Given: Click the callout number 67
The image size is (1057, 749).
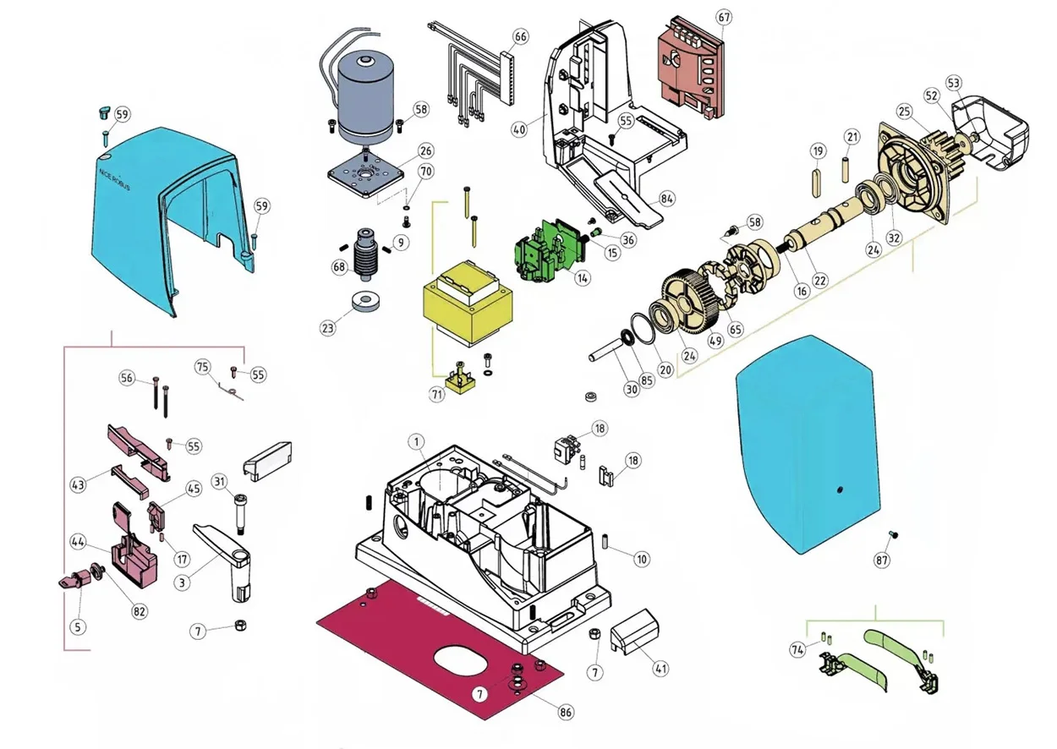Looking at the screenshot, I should pyautogui.click(x=722, y=17).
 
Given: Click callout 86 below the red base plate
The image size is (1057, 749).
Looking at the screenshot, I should pyautogui.click(x=566, y=712).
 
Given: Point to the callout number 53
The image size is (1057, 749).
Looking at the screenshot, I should pyautogui.click(x=954, y=83).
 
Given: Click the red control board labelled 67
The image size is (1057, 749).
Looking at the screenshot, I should pyautogui.click(x=692, y=68).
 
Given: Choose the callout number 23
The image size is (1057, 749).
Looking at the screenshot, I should pyautogui.click(x=327, y=328).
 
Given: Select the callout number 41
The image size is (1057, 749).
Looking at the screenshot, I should pyautogui.click(x=660, y=668).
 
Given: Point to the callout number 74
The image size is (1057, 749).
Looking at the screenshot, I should pyautogui.click(x=797, y=649).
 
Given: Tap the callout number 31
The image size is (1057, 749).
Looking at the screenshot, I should pyautogui.click(x=220, y=482).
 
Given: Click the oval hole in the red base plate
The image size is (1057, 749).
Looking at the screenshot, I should pyautogui.click(x=464, y=660).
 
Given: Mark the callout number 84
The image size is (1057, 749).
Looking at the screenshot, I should pyautogui.click(x=667, y=199).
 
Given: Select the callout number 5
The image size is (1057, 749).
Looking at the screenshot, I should pyautogui.click(x=79, y=626).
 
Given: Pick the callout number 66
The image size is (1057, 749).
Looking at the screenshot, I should pyautogui.click(x=520, y=36).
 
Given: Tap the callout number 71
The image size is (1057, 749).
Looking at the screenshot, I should pyautogui.click(x=437, y=395).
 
